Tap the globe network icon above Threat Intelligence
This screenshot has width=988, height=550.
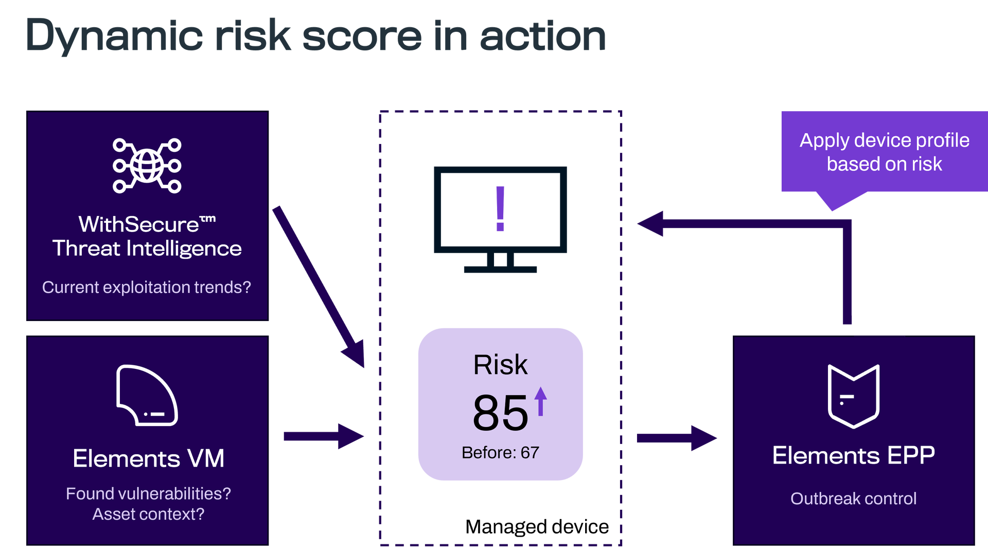tap(147, 166)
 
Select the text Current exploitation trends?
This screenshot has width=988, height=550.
tap(147, 287)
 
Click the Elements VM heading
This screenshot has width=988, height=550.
tap(148, 458)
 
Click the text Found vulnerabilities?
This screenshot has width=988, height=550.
tap(148, 493)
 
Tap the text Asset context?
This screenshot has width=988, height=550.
tap(148, 514)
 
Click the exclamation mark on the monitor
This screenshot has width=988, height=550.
tap(500, 208)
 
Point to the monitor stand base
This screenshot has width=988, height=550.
tap(500, 269)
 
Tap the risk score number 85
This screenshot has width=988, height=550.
tap(500, 413)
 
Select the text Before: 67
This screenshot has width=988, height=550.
tap(500, 452)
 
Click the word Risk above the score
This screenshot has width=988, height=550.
tap(500, 365)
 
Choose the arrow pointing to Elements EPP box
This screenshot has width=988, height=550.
tap(676, 438)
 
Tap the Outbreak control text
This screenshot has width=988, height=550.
tap(853, 498)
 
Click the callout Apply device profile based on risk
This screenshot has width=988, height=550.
tap(884, 152)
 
